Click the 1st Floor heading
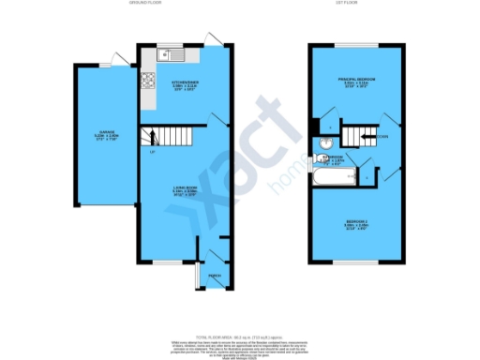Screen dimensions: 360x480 click(343, 5)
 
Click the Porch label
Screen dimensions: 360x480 click(213, 276)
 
